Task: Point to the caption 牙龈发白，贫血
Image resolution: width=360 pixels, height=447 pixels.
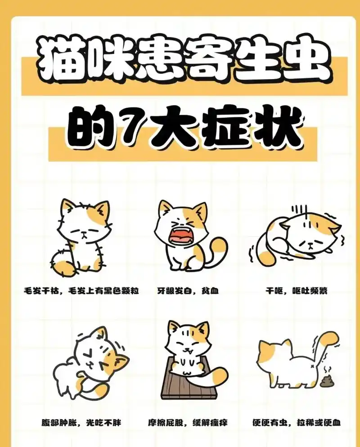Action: point(188,291)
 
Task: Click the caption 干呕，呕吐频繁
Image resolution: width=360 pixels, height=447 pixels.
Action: point(297,291)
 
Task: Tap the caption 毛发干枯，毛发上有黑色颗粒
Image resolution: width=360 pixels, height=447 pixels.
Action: point(81,291)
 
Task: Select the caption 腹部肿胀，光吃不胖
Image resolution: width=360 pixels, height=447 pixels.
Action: point(81,422)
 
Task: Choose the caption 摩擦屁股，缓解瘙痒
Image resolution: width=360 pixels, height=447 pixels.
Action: point(188,422)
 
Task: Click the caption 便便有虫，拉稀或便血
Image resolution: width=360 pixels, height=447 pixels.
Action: point(297,422)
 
